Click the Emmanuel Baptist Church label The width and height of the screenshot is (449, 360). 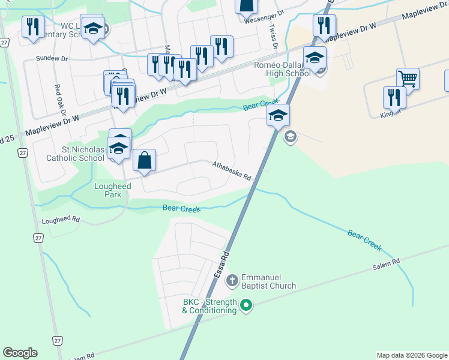click(268, 282)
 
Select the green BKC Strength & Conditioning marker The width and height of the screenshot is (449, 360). click(246, 306)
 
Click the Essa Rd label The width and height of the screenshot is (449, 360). click(221, 263)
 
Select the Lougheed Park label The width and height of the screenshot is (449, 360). click(112, 190)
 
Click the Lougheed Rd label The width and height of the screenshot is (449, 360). click(61, 220)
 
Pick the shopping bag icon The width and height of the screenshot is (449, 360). click(144, 161)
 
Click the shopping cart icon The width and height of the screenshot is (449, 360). click(408, 79)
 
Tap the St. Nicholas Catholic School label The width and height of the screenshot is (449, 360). click(75, 154)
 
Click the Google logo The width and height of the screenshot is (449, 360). click(20, 353)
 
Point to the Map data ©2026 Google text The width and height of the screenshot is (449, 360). click(411, 355)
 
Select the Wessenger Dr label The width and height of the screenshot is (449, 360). click(264, 19)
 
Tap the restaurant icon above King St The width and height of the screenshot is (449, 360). click(394, 97)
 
